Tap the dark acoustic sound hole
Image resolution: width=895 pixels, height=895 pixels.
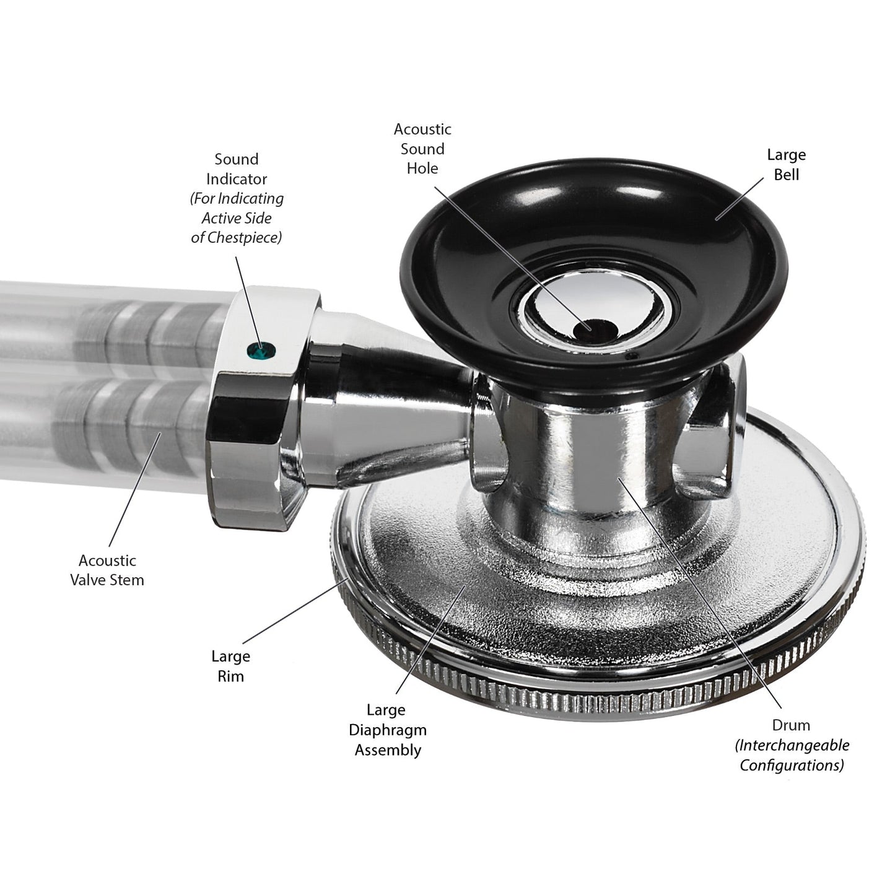click(x=594, y=329)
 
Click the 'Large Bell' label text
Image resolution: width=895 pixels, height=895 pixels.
click(x=787, y=164)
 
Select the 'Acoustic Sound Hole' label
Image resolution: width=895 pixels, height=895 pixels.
click(x=422, y=149)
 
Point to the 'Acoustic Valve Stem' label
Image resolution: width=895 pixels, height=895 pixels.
click(x=107, y=570)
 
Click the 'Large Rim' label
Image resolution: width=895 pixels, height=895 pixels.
click(x=231, y=666)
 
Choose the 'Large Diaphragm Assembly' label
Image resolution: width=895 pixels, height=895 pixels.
click(x=388, y=730)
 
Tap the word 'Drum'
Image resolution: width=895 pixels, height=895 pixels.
click(x=791, y=725)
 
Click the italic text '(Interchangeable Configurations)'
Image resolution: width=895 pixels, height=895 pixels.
click(x=792, y=755)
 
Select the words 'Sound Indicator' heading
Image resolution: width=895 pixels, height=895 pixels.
click(x=237, y=169)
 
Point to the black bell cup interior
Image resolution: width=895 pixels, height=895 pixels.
click(x=595, y=242)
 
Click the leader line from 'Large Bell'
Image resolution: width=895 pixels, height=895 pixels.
click(x=740, y=199)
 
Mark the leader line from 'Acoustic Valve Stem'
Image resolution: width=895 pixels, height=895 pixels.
click(x=135, y=489)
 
